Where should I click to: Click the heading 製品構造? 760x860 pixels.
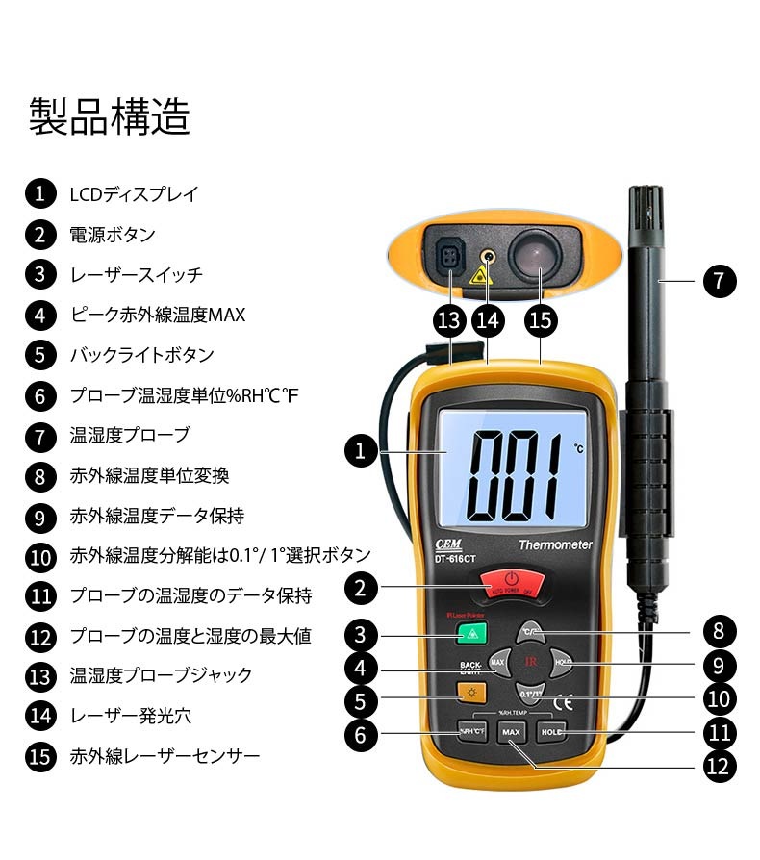tap(109, 117)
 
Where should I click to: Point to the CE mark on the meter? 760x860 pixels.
tap(568, 701)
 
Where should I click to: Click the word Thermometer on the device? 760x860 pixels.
tap(555, 545)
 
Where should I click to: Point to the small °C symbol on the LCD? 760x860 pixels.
tap(578, 448)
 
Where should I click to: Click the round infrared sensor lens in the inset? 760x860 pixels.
tap(535, 256)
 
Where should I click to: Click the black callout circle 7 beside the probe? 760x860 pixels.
tap(717, 281)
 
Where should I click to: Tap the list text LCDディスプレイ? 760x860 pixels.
tap(134, 193)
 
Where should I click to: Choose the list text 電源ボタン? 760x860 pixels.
tap(113, 234)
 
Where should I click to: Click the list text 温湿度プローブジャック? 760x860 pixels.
tap(161, 675)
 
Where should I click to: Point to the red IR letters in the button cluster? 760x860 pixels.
tap(530, 662)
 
